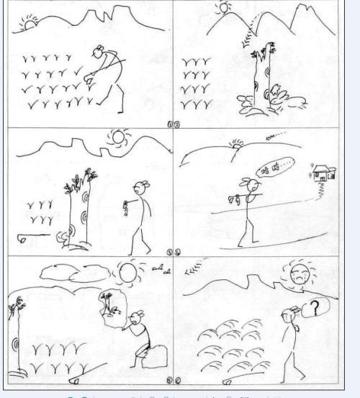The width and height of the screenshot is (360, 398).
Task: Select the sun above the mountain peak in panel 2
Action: [225, 8]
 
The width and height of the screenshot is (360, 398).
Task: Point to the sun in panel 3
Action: [117, 137]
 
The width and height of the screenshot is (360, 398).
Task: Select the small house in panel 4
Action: [322, 172]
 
